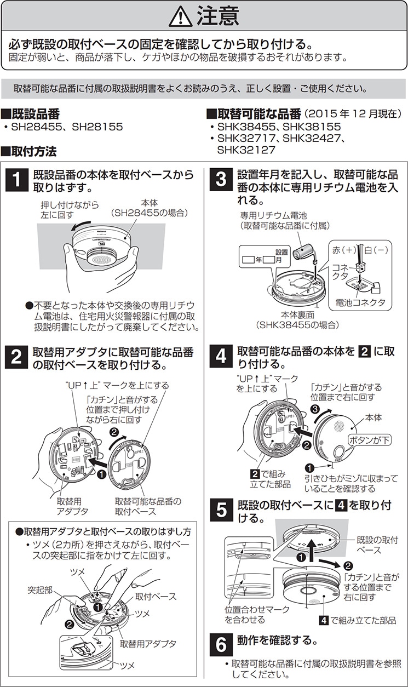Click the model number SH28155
pos(97,127)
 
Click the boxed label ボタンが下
pos(370,440)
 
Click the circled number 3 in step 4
pos(314,409)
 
